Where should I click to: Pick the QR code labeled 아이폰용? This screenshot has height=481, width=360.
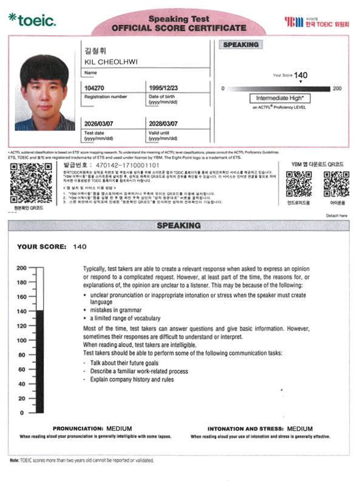pos(336,184)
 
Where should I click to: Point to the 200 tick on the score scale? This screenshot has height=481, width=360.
pos(22,267)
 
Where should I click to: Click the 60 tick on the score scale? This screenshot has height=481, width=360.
pos(22,369)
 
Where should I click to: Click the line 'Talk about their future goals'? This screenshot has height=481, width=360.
pos(124,362)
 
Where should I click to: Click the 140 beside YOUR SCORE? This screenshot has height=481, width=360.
pos(80,247)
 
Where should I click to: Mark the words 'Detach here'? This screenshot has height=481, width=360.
pos(337,215)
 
